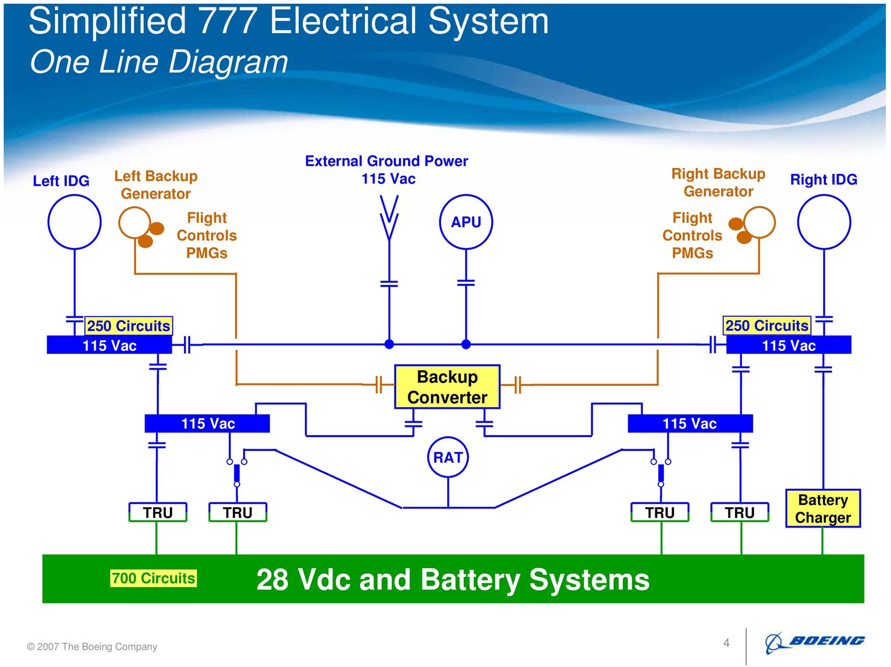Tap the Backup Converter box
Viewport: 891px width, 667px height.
447,387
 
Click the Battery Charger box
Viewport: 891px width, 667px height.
823,508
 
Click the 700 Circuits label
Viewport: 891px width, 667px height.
153,578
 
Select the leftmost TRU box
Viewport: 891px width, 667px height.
157,512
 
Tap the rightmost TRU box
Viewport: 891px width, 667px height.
740,512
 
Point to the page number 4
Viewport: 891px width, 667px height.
726,643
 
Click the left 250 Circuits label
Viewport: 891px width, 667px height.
129,326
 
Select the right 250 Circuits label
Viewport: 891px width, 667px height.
767,326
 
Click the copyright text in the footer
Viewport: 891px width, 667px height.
92,647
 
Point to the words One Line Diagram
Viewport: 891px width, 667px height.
159,62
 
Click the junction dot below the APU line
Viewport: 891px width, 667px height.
466,344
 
